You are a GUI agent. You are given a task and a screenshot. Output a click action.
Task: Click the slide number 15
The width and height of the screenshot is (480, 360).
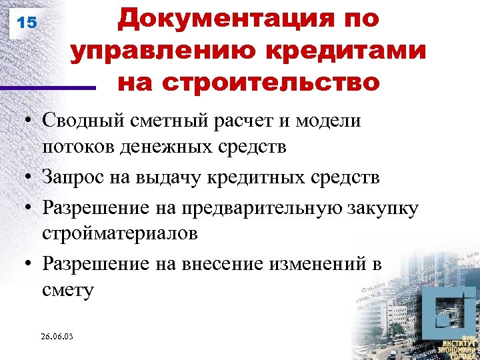coord(27,23)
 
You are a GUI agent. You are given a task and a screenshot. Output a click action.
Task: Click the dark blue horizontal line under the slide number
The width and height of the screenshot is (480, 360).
coord(47,87)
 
